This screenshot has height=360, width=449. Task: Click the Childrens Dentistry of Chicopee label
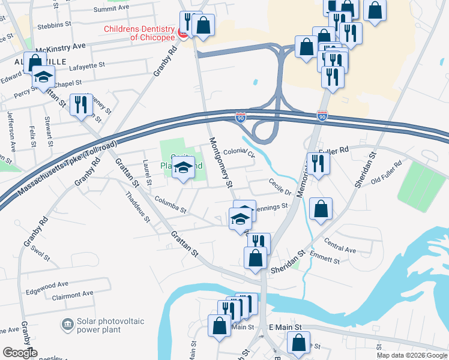coord(139,32)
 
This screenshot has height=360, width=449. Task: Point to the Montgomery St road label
coord(220,162)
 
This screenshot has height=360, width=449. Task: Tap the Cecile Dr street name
coord(280,188)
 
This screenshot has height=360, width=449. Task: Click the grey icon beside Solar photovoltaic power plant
coord(67,326)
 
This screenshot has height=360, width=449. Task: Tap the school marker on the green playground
coord(184,168)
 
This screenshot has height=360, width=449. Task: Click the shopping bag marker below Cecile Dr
coord(321,209)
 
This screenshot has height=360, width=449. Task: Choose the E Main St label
coord(284,326)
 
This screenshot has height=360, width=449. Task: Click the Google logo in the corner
coord(19,353)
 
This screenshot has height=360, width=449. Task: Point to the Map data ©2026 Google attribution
coord(411,355)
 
